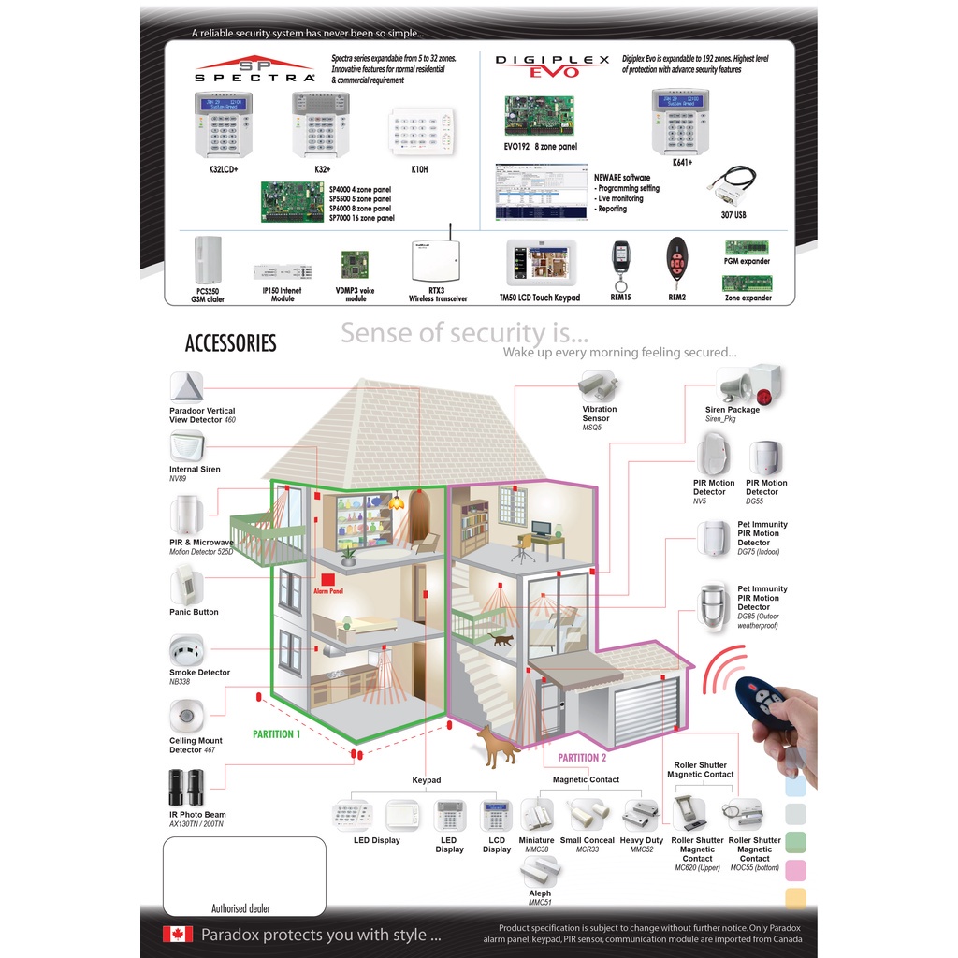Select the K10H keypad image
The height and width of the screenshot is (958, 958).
click(420, 133)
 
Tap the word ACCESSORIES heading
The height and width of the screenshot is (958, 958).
click(230, 343)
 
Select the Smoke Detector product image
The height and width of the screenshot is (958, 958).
click(187, 651)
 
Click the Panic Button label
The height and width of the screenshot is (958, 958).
click(194, 612)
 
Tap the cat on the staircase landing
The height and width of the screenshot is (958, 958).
click(501, 640)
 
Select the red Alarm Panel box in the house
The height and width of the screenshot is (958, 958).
click(327, 582)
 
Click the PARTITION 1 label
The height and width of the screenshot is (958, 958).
click(276, 734)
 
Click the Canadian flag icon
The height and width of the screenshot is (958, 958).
click(178, 934)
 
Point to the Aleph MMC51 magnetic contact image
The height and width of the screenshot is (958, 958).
click(540, 871)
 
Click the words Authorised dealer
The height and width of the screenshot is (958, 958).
click(240, 908)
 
